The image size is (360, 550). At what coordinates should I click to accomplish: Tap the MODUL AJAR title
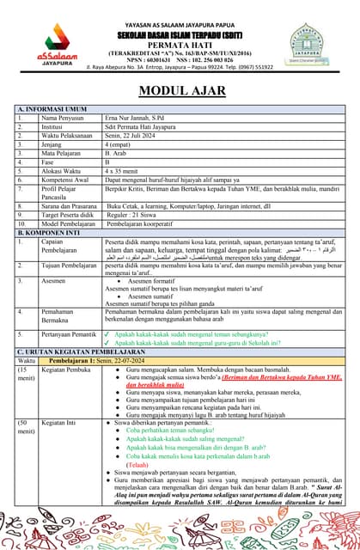pyautogui.click(x=180, y=90)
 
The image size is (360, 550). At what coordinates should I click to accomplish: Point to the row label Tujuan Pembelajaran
pyautogui.click(x=68, y=266)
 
